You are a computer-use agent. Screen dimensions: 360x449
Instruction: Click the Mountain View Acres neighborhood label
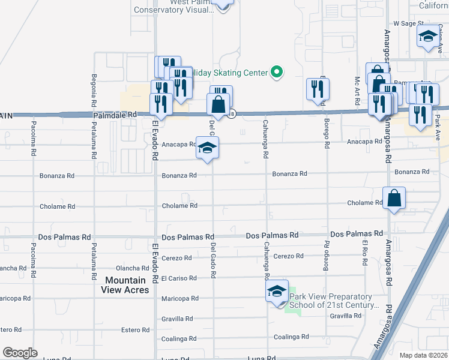click(126, 285)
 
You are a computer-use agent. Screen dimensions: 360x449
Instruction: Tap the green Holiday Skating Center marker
click(277, 73)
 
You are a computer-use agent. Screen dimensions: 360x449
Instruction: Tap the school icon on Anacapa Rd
click(207, 148)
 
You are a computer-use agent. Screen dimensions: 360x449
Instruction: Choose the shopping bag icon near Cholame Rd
click(394, 199)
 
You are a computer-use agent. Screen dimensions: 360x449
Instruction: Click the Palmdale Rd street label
click(115, 114)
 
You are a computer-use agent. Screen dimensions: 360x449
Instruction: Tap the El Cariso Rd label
click(179, 278)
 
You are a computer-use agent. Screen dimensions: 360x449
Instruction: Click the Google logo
click(20, 353)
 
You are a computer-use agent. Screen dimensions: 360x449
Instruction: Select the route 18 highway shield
click(231, 113)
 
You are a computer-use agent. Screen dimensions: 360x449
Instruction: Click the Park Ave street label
click(438, 128)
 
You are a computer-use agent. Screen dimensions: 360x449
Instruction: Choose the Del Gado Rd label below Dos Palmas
click(212, 260)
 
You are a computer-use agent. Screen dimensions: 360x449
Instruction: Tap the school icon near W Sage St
click(429, 36)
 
